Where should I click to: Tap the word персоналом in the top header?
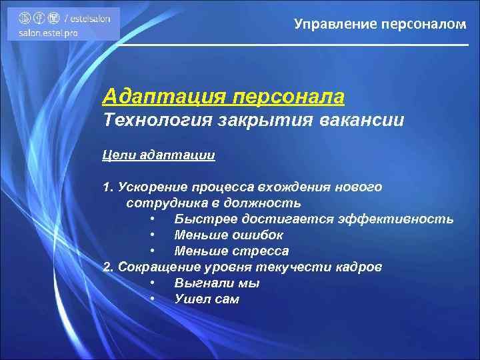pos(423,25)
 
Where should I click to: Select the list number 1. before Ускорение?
pos(109,187)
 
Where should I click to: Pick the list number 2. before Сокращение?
pos(109,267)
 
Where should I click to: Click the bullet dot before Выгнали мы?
pos(153,283)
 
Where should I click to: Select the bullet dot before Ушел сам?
pos(153,299)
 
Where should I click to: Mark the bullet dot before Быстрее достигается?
pos(153,219)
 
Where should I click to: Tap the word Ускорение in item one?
pos(152,187)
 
